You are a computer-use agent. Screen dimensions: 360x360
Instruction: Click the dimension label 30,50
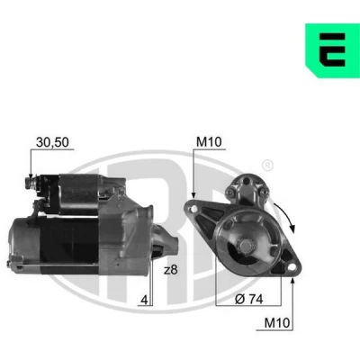click(52, 142)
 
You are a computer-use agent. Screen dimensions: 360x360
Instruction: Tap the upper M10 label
click(209, 141)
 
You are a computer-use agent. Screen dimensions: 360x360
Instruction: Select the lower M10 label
click(277, 323)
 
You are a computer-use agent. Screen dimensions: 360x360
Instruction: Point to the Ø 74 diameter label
click(249, 299)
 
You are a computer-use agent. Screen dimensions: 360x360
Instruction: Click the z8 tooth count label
click(171, 270)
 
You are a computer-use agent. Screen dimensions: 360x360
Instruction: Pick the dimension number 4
click(145, 300)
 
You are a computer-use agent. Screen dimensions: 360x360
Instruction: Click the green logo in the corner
click(332, 50)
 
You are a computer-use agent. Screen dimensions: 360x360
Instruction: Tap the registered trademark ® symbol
click(267, 166)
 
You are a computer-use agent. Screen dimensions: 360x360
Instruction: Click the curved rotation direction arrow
click(285, 218)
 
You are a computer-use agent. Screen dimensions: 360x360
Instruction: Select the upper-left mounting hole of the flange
click(194, 208)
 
